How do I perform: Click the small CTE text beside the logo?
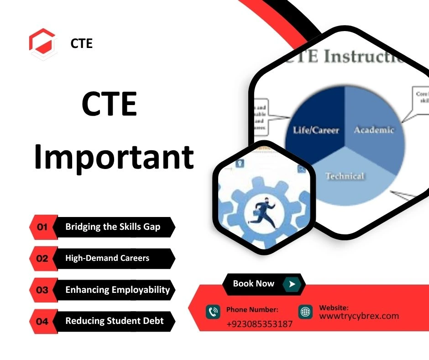82,43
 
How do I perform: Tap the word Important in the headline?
114,156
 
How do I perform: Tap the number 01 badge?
42,227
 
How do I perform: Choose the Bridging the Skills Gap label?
113,227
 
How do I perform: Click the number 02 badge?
42,259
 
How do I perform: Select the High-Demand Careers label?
107,258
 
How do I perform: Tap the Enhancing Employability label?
117,290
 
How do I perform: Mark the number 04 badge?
42,322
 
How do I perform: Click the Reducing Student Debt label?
114,321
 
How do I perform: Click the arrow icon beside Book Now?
292,284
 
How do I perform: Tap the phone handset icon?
213,312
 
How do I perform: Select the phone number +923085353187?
259,324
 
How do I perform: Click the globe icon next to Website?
306,312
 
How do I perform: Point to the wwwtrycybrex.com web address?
359,316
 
